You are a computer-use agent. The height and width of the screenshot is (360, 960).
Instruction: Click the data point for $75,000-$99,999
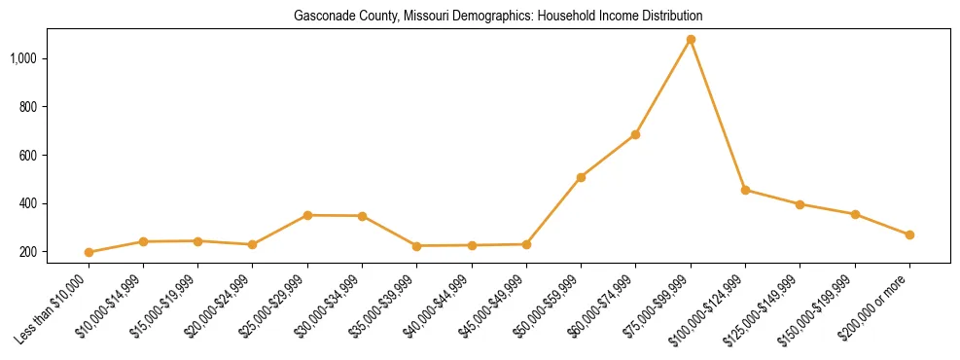(x=691, y=40)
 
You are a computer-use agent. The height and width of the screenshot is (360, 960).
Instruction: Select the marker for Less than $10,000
(x=89, y=252)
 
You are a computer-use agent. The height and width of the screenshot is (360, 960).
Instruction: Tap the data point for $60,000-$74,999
(x=635, y=134)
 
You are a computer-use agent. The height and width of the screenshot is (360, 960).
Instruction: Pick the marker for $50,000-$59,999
(x=581, y=177)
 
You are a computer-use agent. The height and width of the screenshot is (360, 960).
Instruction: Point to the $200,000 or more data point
(x=909, y=234)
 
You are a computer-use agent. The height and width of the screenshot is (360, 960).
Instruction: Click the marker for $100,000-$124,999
(x=745, y=190)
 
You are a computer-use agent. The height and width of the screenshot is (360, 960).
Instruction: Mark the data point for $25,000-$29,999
(x=307, y=215)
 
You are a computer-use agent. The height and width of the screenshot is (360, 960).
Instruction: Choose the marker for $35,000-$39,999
(x=416, y=246)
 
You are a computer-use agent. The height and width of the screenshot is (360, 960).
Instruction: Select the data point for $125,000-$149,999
(x=800, y=204)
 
